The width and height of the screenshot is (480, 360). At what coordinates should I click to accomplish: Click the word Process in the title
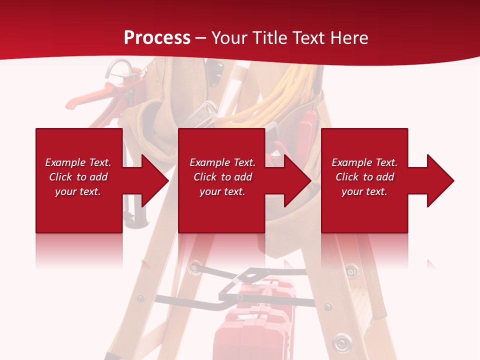click(x=157, y=38)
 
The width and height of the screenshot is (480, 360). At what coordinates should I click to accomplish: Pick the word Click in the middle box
click(x=205, y=177)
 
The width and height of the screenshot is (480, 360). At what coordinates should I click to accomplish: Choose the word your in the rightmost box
click(x=352, y=191)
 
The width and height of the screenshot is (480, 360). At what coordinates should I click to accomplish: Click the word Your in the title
click(x=229, y=38)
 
